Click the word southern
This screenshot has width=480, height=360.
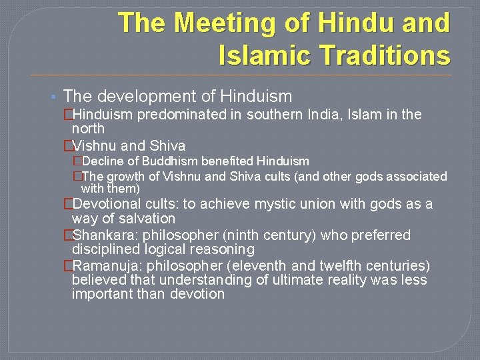click(273, 115)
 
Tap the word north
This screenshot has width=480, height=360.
click(88, 127)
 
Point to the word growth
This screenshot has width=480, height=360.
click(123, 177)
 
